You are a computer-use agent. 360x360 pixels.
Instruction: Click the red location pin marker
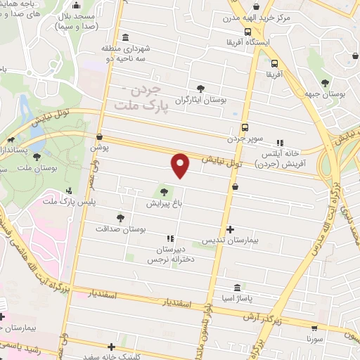(181, 165)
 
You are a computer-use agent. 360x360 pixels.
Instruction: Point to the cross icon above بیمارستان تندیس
(231, 229)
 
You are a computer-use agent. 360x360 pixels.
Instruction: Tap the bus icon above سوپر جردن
(245, 127)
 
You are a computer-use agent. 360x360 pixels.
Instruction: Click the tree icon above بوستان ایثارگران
(202, 89)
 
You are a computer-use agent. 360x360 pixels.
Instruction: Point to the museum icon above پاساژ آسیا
(236, 288)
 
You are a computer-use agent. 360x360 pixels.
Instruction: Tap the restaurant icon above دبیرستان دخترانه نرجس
(169, 239)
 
